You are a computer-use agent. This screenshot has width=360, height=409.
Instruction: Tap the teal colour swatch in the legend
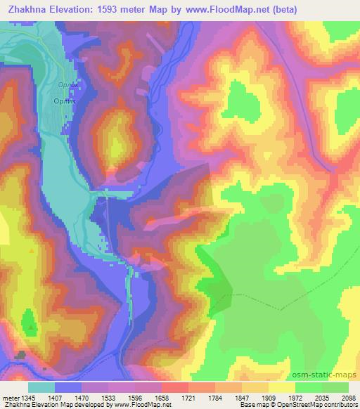click(x=41, y=387)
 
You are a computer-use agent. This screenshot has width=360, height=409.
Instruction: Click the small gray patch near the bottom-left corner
click(x=21, y=356)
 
